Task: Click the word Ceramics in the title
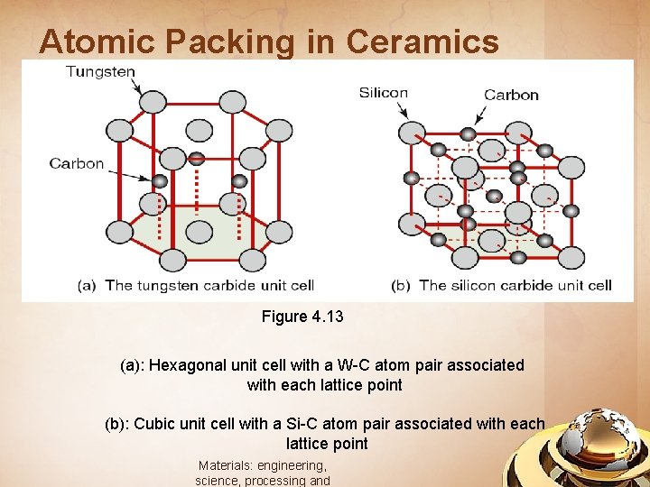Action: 422,41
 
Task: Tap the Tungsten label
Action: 100,71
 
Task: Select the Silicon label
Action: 383,92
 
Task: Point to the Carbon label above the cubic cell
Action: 511,95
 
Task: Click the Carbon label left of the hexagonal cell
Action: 77,163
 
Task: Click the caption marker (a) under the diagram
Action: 88,285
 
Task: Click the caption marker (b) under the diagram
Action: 401,285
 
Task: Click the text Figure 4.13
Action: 302,317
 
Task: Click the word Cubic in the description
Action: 158,424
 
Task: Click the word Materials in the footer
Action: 225,465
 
